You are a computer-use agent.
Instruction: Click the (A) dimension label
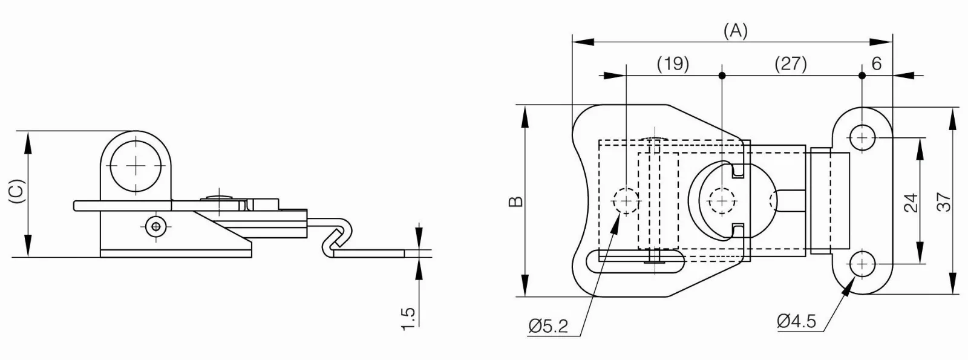(735, 31)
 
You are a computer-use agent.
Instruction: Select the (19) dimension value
(673, 64)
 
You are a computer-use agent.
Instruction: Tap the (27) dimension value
(791, 64)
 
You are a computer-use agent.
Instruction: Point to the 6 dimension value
(877, 64)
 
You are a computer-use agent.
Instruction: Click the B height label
(516, 201)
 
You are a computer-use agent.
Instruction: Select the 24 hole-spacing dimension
(911, 203)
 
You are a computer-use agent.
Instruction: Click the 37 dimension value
(944, 202)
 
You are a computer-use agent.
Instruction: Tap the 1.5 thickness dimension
(408, 319)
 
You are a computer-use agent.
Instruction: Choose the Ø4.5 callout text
(796, 321)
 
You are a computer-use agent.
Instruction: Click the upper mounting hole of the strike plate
(862, 138)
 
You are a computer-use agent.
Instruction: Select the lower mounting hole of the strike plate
(862, 263)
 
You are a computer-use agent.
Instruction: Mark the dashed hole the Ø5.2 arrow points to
(626, 201)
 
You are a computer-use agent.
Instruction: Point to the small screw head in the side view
(155, 226)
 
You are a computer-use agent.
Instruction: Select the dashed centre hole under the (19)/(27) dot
(722, 201)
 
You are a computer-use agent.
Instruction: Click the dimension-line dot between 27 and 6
(862, 76)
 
